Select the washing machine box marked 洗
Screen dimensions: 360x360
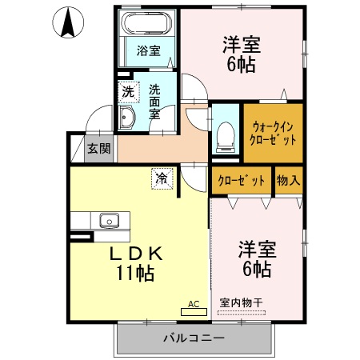point(128,93)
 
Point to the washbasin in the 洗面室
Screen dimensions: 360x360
point(128,119)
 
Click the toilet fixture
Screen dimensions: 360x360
point(224,137)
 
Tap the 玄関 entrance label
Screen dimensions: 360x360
point(99,149)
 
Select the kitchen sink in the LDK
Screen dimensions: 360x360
point(109,220)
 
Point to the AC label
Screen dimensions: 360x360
point(193,304)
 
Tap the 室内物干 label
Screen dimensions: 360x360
point(241,304)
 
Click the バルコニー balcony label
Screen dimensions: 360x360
point(194,338)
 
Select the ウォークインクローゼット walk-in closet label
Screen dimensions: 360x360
point(274,132)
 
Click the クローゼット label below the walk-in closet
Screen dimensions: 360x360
point(242,181)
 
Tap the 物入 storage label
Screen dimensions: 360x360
point(289,181)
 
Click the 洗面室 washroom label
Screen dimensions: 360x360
point(154,102)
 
